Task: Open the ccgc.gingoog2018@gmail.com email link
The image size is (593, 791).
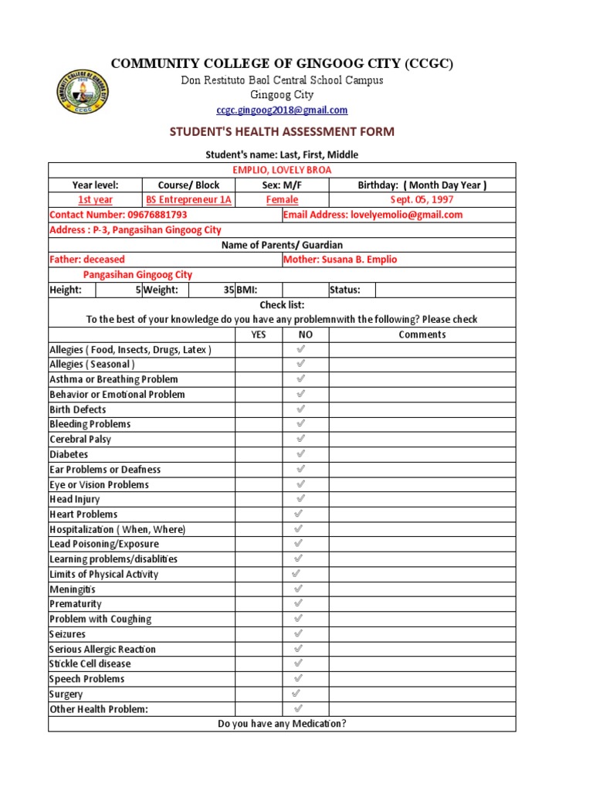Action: click(282, 110)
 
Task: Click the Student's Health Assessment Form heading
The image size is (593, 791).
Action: click(282, 132)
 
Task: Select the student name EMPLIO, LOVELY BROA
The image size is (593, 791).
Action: click(282, 170)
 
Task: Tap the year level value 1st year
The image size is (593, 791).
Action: click(95, 200)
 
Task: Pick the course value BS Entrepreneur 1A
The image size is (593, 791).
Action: click(189, 200)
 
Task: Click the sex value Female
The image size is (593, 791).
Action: click(282, 200)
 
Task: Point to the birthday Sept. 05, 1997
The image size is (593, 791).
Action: click(422, 200)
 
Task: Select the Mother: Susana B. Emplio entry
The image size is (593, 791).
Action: click(340, 260)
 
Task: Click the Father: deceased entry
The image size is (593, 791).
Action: click(86, 260)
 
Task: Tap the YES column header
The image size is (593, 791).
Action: click(259, 334)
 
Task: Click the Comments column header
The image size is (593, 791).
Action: click(422, 334)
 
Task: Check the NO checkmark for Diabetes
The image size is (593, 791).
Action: click(300, 454)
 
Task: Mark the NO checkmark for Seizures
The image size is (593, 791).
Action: click(299, 633)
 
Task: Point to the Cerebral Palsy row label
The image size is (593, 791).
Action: click(80, 440)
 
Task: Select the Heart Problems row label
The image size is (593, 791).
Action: click(83, 514)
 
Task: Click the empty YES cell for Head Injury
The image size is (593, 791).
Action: click(259, 500)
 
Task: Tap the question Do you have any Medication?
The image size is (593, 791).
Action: click(282, 724)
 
